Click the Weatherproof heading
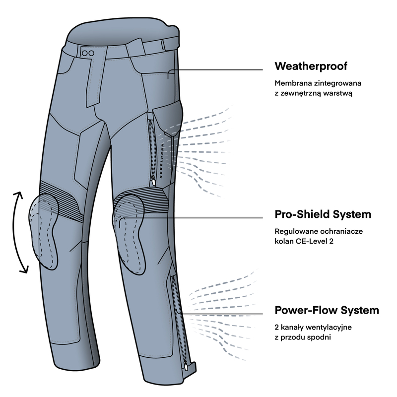tap(311, 66)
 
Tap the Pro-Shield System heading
tap(323, 215)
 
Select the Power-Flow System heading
tap(327, 311)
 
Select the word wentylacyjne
tap(330, 328)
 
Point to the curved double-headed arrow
tap(18, 232)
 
